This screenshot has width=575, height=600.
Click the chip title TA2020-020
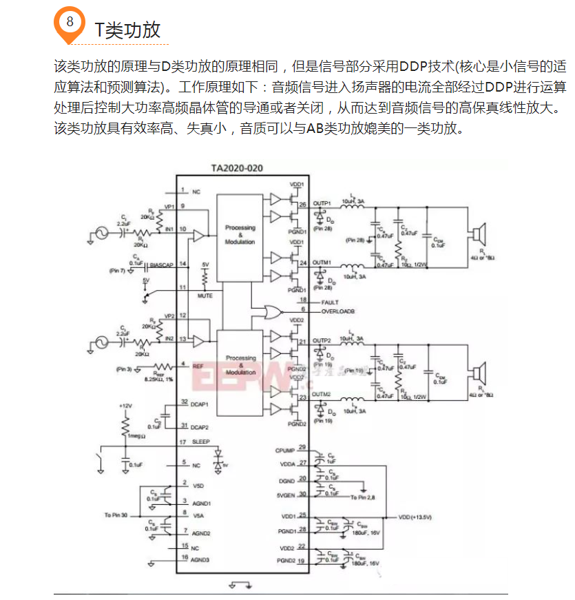tap(237, 168)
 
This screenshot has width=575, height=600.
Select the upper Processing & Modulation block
tap(240, 234)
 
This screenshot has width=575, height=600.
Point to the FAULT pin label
tap(330, 302)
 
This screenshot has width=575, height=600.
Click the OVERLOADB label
tap(339, 311)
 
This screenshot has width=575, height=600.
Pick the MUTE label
tap(205, 296)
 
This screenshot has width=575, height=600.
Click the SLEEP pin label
tap(200, 442)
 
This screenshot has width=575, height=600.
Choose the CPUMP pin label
tap(285, 450)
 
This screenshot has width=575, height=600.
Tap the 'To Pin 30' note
tap(116, 515)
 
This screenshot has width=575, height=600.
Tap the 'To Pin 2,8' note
tap(362, 497)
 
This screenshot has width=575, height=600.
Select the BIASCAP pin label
tap(161, 264)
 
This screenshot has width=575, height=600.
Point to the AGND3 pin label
tap(200, 559)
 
